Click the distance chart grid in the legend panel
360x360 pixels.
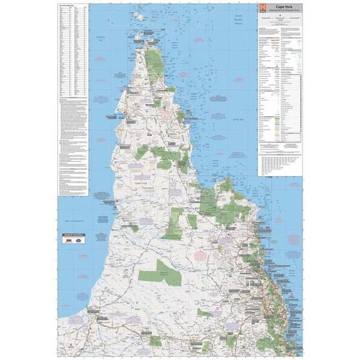[x=279, y=165]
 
